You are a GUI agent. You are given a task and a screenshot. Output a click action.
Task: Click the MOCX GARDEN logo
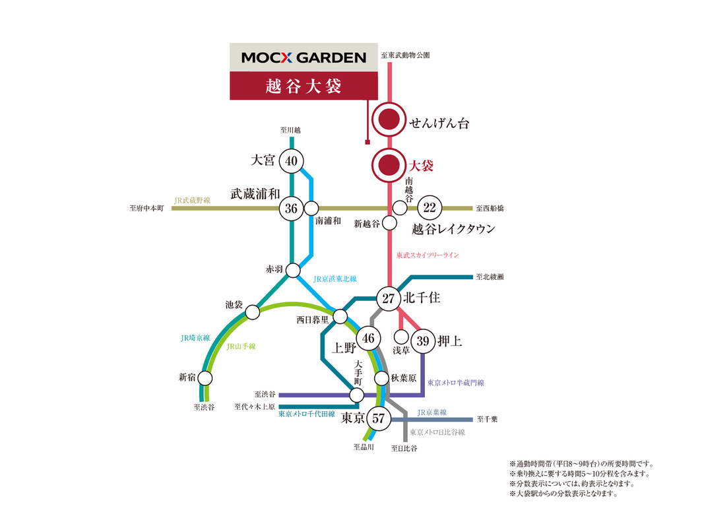[x=304, y=57]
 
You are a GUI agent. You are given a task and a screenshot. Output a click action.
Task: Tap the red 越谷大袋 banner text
[x=304, y=86]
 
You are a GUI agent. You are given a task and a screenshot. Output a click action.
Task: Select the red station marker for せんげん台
[x=389, y=120]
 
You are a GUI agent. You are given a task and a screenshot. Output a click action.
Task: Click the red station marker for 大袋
[x=389, y=165]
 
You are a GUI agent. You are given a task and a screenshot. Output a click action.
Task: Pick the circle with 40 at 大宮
[x=292, y=161]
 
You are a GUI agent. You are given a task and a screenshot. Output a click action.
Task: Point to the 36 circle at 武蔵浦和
[x=292, y=209]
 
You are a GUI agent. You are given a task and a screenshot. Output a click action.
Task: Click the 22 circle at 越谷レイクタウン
[x=430, y=207]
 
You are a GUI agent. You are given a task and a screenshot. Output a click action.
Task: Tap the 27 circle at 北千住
[x=389, y=298]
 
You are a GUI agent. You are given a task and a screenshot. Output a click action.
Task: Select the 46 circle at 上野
[x=369, y=338]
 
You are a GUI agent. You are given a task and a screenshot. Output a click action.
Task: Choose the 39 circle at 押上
[x=423, y=341]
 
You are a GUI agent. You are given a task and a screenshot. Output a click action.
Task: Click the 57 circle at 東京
[x=379, y=418]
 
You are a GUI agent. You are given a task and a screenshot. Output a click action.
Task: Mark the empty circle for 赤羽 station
[x=293, y=271]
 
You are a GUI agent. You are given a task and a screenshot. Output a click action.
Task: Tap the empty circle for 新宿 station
[x=205, y=378]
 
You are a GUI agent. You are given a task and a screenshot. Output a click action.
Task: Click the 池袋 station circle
[x=252, y=312]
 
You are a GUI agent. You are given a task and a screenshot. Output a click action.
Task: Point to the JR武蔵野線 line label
[x=192, y=200]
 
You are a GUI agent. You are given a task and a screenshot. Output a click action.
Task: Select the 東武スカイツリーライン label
[x=428, y=255]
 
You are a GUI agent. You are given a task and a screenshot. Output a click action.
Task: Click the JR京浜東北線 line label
[x=335, y=279]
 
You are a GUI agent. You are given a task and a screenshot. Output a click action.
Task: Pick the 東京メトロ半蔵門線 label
[x=456, y=383]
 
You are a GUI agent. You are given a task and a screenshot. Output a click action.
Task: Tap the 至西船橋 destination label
[x=490, y=209]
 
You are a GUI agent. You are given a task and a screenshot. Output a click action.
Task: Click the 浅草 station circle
[x=401, y=337]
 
